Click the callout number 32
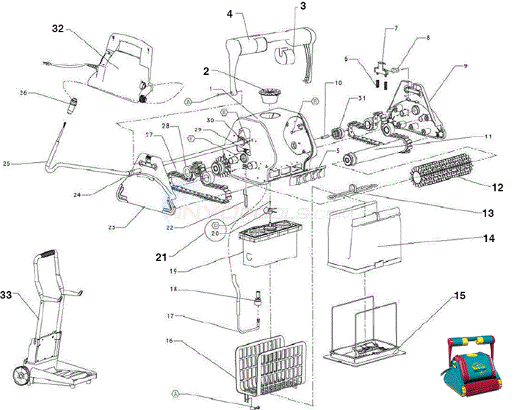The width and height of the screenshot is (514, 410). pos(59,29)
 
